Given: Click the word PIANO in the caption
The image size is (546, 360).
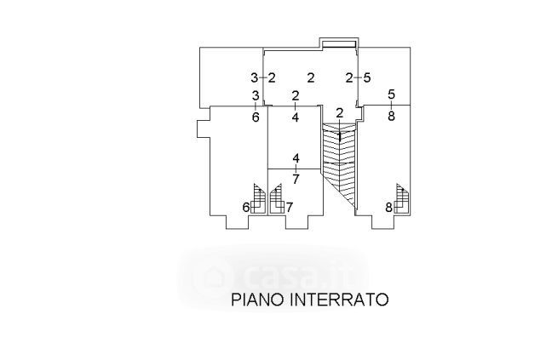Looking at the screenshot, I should click(258, 300).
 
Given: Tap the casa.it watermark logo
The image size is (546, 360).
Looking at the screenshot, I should click(273, 273).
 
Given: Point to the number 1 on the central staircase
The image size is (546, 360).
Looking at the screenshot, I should click(339, 135).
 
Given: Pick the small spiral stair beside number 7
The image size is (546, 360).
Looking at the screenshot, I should click(277, 199).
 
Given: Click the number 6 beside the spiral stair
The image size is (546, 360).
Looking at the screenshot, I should click(247, 207).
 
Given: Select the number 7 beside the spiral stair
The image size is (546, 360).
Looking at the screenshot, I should click(290, 207).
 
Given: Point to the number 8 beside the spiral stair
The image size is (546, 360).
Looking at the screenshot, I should click(388, 207).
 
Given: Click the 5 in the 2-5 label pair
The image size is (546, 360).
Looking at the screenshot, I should click(367, 77).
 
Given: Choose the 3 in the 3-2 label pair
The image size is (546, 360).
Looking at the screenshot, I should click(254, 77).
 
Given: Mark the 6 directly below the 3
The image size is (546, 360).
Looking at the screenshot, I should click(256, 117).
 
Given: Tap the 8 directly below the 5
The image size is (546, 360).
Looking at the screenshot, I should click(391, 117).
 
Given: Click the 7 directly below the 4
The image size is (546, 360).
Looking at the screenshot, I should click(296, 180).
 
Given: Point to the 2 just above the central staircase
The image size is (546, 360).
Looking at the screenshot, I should click(339, 112).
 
